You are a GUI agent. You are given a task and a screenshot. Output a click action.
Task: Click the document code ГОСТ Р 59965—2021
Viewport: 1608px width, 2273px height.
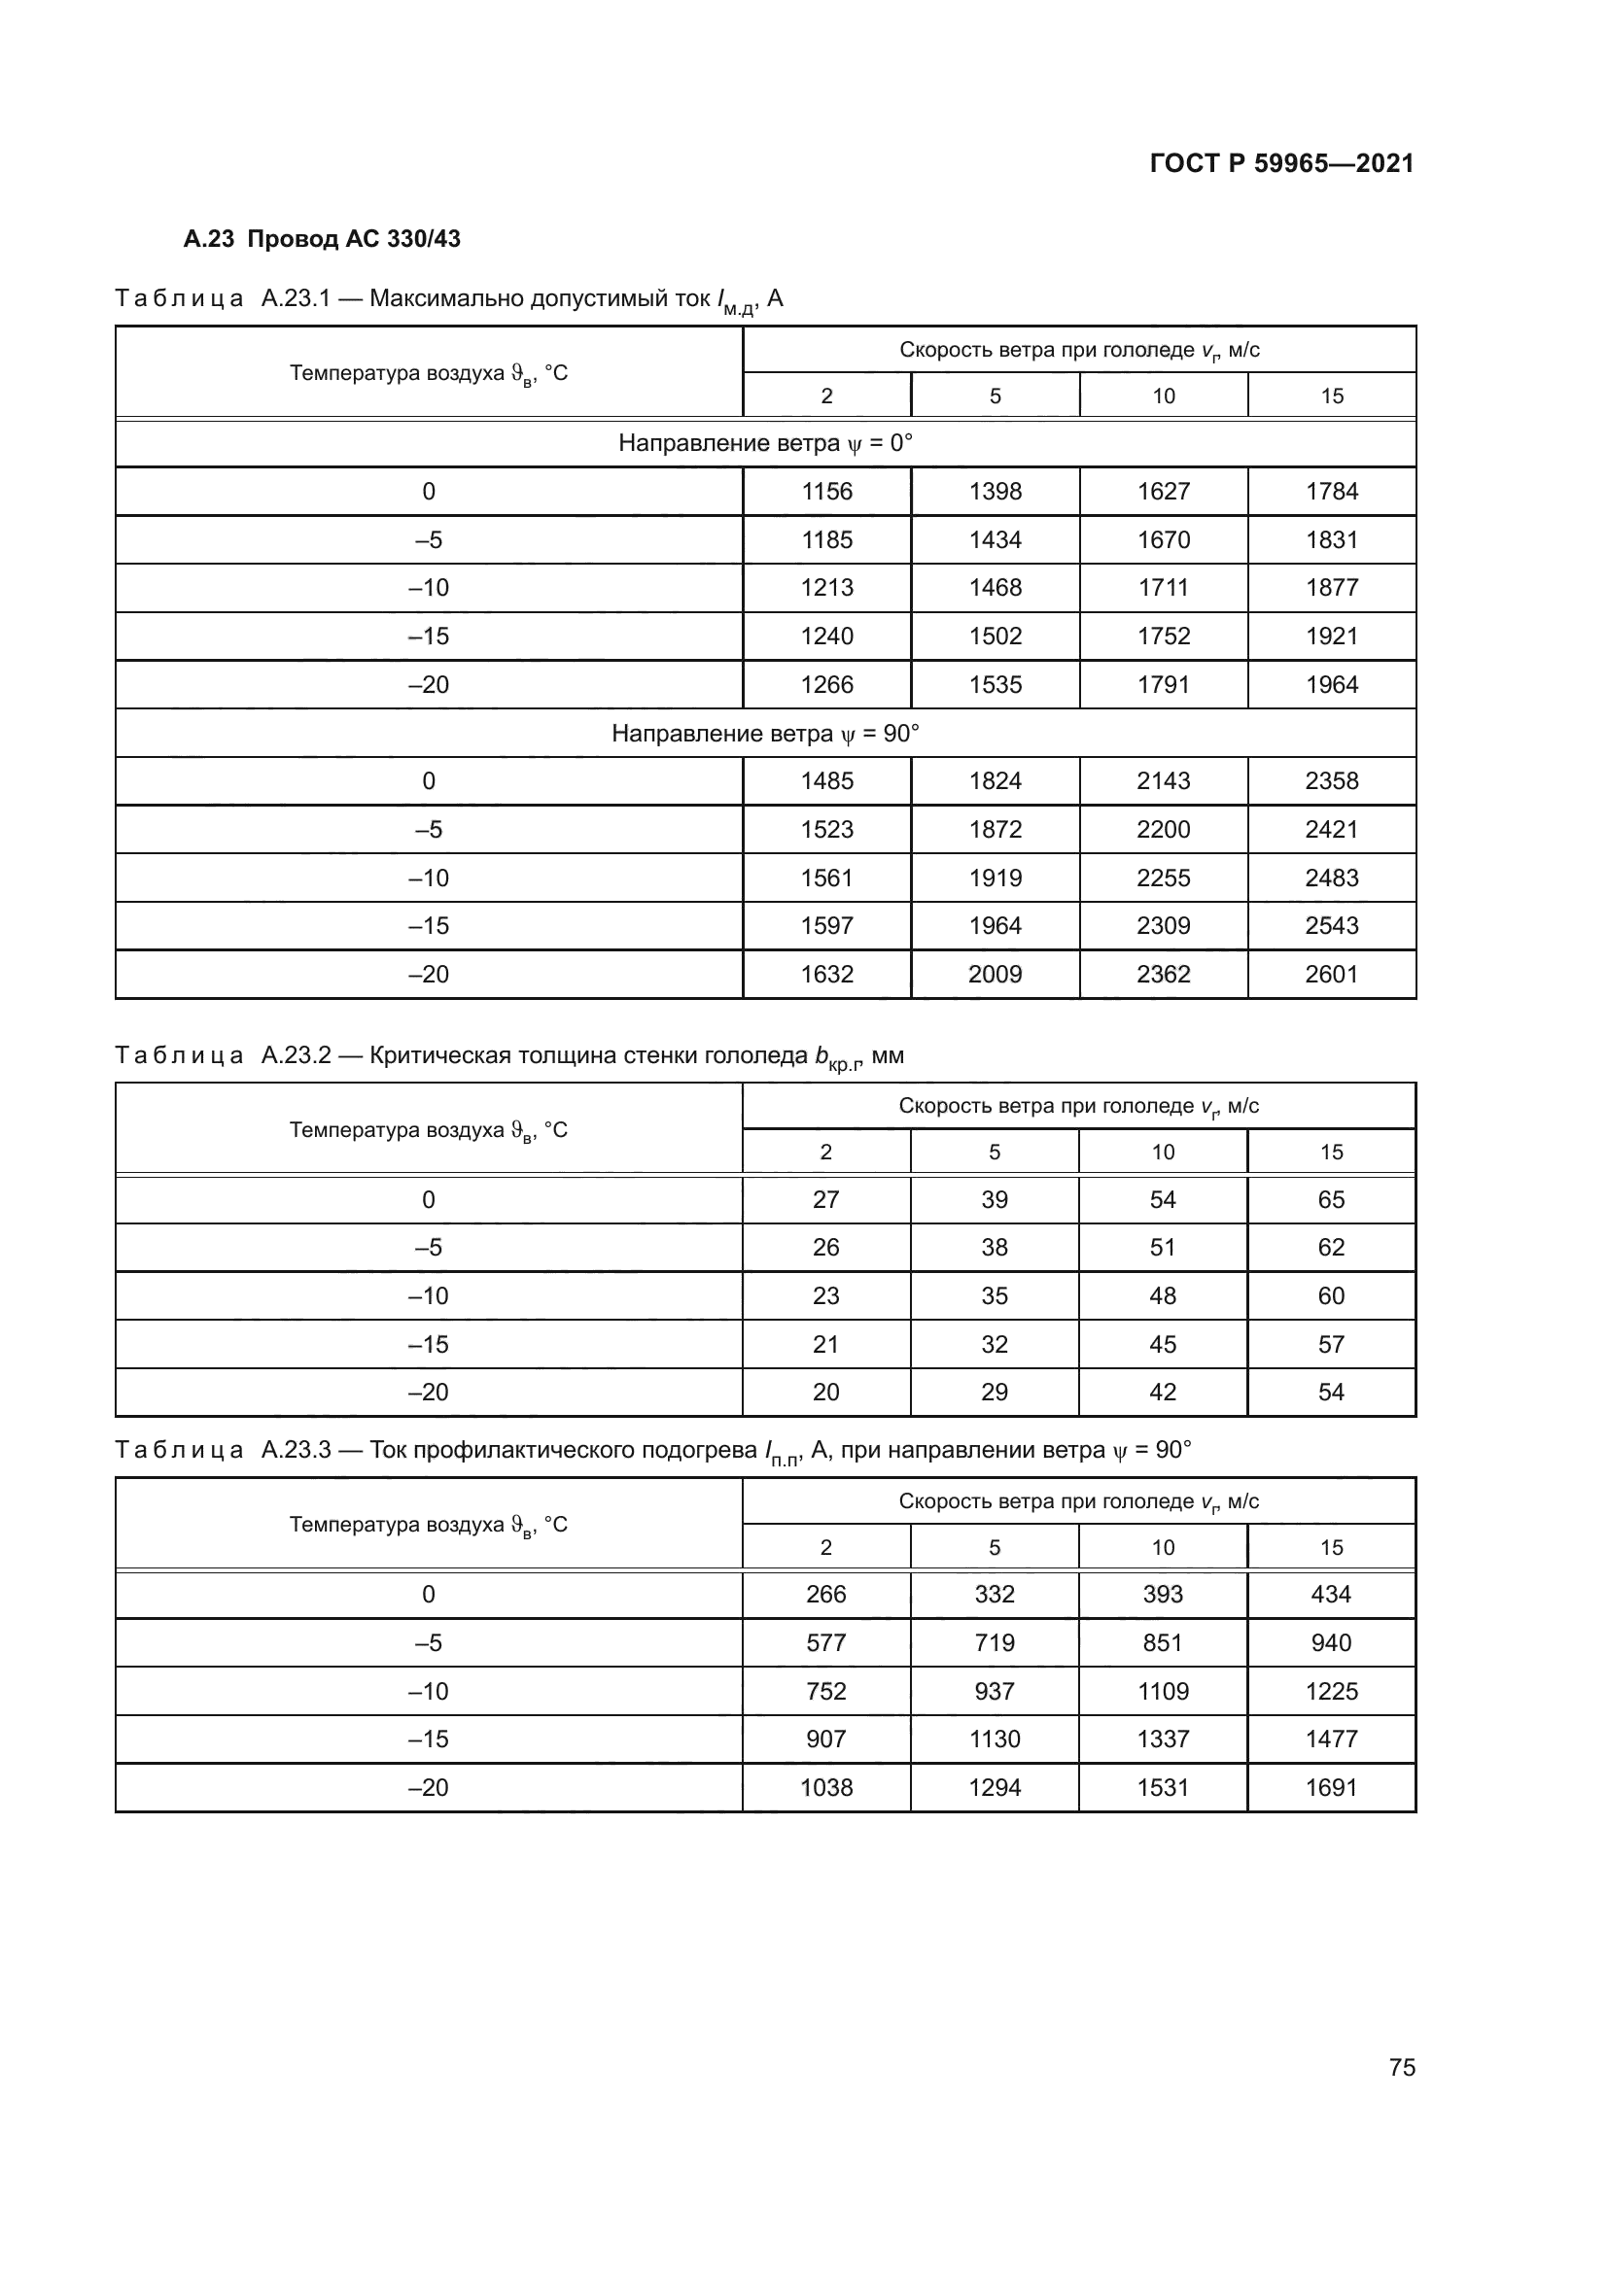pyautogui.click(x=1281, y=163)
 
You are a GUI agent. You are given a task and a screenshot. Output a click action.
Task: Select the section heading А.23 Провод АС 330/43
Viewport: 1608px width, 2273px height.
pyautogui.click(x=322, y=239)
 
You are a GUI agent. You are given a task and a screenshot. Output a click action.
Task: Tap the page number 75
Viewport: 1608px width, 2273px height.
pyautogui.click(x=1402, y=2067)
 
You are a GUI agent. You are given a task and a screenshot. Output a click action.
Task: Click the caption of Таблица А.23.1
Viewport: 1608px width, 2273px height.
pyautogui.click(x=448, y=299)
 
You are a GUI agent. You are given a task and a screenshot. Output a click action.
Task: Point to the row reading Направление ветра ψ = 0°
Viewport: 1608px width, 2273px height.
pyautogui.click(x=764, y=442)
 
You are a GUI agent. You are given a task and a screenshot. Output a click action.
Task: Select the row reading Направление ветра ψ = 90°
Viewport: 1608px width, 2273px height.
pyautogui.click(x=764, y=734)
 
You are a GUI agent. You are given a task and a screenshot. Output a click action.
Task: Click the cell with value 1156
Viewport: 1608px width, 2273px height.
pyautogui.click(x=826, y=491)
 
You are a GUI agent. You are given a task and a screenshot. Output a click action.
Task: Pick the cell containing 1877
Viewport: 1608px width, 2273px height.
pyautogui.click(x=1332, y=587)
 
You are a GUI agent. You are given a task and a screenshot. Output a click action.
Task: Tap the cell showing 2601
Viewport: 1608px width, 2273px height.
pyautogui.click(x=1332, y=974)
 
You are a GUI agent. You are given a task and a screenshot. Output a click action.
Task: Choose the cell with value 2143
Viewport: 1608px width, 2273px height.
pyautogui.click(x=1164, y=781)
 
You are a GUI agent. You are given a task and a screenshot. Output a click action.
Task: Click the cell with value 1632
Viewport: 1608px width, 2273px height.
pyautogui.click(x=826, y=974)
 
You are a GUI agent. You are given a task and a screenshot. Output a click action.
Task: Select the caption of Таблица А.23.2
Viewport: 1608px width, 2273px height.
pyautogui.click(x=508, y=1056)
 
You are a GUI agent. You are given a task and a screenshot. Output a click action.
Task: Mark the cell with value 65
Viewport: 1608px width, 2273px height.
pyautogui.click(x=1331, y=1200)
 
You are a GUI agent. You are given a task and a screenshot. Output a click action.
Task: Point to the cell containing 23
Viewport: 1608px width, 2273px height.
pyautogui.click(x=825, y=1296)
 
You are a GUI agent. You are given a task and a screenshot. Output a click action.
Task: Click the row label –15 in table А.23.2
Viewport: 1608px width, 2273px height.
pyautogui.click(x=428, y=1344)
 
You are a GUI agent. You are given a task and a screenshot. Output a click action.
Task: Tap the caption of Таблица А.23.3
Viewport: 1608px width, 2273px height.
pyautogui.click(x=652, y=1451)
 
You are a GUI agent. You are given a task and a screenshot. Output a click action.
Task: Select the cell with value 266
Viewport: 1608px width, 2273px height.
pyautogui.click(x=825, y=1594)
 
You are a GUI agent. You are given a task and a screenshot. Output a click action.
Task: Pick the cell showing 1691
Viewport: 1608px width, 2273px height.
pyautogui.click(x=1331, y=1787)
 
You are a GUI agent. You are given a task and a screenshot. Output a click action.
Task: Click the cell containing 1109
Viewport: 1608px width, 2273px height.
pyautogui.click(x=1163, y=1691)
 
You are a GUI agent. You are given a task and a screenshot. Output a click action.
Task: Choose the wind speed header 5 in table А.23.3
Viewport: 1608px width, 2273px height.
pyautogui.click(x=995, y=1547)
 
